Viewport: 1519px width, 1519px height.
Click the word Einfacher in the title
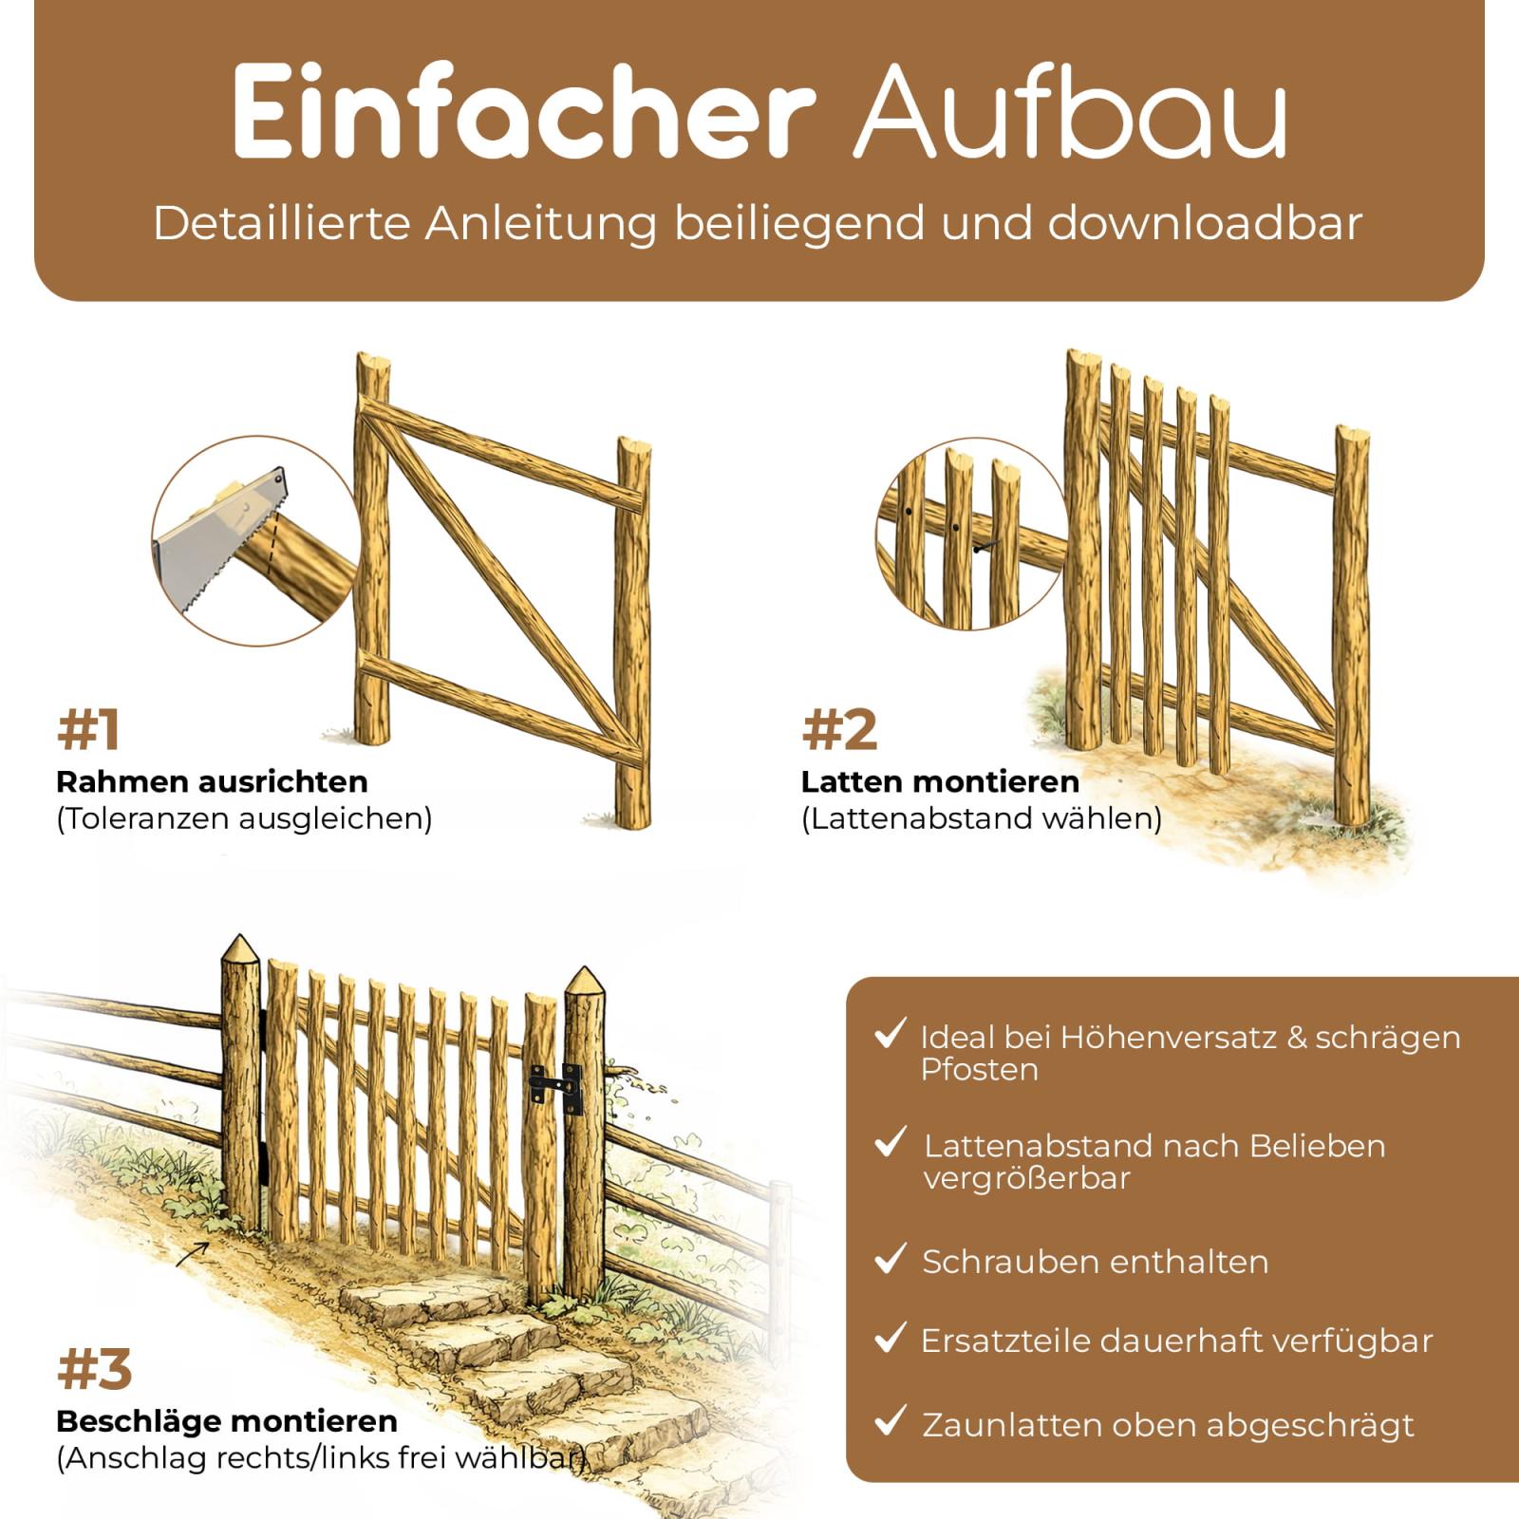(x=523, y=112)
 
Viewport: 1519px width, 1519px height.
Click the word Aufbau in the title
(x=1071, y=112)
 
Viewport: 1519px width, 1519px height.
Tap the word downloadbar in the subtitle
(x=1205, y=223)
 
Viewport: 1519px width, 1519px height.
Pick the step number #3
(x=94, y=1369)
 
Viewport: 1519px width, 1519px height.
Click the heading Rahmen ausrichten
(x=212, y=781)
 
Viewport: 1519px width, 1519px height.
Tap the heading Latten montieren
(x=940, y=781)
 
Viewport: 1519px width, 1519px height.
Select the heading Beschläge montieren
(x=227, y=1421)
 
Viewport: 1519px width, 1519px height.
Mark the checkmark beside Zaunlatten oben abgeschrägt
(x=891, y=1420)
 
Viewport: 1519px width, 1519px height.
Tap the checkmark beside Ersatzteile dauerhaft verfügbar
(x=891, y=1338)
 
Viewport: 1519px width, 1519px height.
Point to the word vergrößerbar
(x=1026, y=1179)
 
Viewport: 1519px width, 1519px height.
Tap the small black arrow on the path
(x=193, y=1253)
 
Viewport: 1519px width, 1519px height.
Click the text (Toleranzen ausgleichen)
(x=244, y=818)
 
